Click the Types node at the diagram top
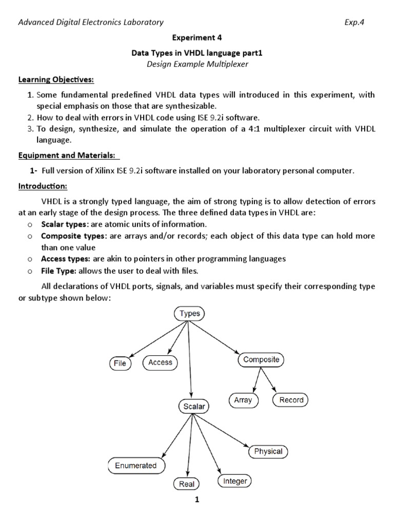click(190, 313)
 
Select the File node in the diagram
click(120, 364)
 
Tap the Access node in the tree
click(160, 362)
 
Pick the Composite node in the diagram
click(261, 360)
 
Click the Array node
click(243, 400)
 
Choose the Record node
click(291, 400)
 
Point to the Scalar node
click(193, 407)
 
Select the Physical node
click(268, 451)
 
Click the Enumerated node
click(136, 466)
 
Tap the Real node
click(186, 483)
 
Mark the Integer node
click(235, 481)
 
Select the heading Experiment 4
click(197, 37)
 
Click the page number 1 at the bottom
click(196, 501)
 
